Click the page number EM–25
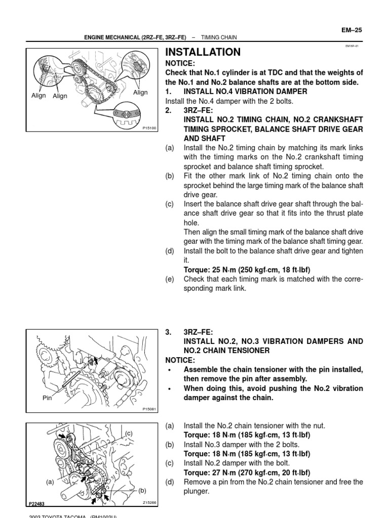(x=352, y=30)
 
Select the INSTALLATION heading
(x=203, y=52)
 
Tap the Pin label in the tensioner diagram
(x=47, y=398)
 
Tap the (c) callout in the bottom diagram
(x=129, y=434)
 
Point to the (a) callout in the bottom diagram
(x=50, y=482)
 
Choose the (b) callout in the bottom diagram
(x=142, y=490)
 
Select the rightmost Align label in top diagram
(x=140, y=93)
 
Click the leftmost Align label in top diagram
(x=38, y=95)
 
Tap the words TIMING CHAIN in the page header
(x=219, y=37)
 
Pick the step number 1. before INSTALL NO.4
(x=169, y=92)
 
